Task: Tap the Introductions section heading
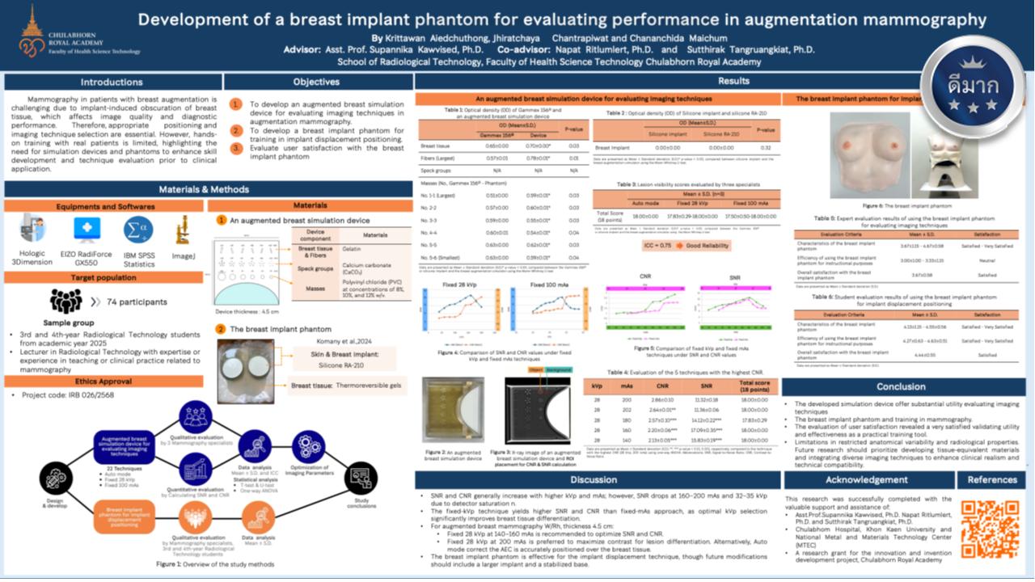pyautogui.click(x=112, y=82)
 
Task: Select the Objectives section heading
pyautogui.click(x=316, y=82)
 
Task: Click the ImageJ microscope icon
pyautogui.click(x=184, y=230)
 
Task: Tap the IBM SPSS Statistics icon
pyautogui.click(x=138, y=230)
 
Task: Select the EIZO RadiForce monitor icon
pyautogui.click(x=87, y=230)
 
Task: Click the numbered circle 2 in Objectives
pyautogui.click(x=235, y=131)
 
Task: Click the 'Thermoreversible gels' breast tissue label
pyautogui.click(x=370, y=386)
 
